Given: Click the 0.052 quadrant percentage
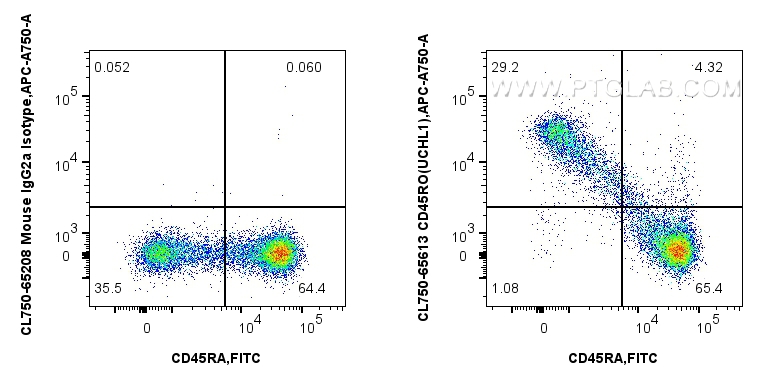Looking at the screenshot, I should [x=111, y=67].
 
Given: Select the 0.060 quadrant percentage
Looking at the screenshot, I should [x=303, y=67].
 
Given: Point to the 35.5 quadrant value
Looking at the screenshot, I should [x=108, y=289].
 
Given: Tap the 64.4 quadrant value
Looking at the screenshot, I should [x=313, y=289].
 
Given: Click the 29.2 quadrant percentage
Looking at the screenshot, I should [x=504, y=67].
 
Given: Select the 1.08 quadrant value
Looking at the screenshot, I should [x=505, y=289].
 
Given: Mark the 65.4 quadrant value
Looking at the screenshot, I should [x=711, y=289].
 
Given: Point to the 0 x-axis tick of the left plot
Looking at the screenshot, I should [x=147, y=327].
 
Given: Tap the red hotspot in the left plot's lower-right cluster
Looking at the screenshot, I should [x=279, y=253].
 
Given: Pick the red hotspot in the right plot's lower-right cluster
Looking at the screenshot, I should [x=678, y=250].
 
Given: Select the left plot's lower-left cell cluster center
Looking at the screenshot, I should [x=156, y=254].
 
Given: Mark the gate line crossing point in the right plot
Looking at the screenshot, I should [x=622, y=207].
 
